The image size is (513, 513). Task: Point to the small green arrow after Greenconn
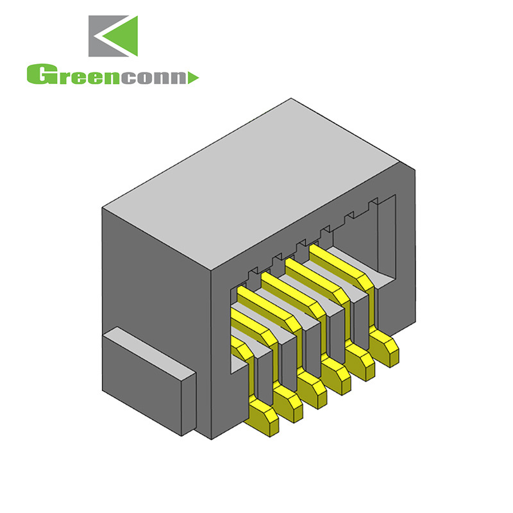195,78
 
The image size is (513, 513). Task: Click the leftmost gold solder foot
263,417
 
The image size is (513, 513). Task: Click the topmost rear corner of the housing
292,99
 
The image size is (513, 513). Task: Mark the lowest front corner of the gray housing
212,439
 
